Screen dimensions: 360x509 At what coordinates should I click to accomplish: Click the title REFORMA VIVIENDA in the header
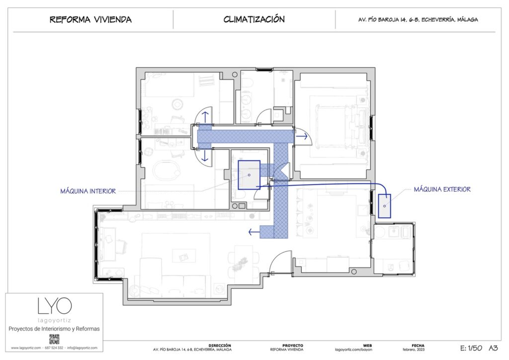point(90,20)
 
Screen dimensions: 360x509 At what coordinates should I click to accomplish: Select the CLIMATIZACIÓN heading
point(254,19)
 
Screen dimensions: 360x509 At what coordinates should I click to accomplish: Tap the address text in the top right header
point(418,20)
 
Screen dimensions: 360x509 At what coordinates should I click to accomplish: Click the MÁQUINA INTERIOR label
point(88,191)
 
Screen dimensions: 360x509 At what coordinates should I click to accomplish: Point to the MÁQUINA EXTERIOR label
point(442,189)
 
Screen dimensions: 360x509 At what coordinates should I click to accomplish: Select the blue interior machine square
point(249,175)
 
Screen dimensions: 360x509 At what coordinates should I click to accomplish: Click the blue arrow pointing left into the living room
point(254,232)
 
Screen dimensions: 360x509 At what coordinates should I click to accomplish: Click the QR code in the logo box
point(54,339)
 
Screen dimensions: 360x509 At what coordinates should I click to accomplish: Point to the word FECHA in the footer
point(418,345)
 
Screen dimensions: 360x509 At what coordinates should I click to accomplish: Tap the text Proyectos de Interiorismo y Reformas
point(54,329)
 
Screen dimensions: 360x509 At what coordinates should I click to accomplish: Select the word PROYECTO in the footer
point(293,345)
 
